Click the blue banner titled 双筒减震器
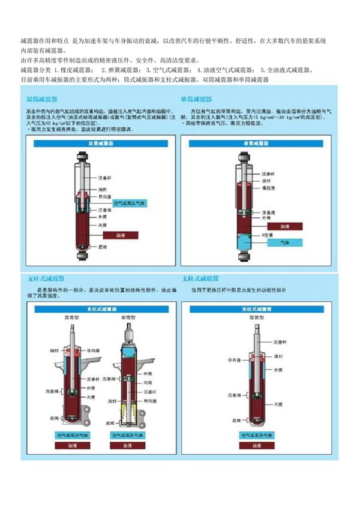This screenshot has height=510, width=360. [98, 144]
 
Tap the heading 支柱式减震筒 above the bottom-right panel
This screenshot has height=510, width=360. [200, 279]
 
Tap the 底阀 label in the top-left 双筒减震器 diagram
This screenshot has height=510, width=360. [101, 247]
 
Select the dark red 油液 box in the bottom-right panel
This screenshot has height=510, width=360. [256, 446]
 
